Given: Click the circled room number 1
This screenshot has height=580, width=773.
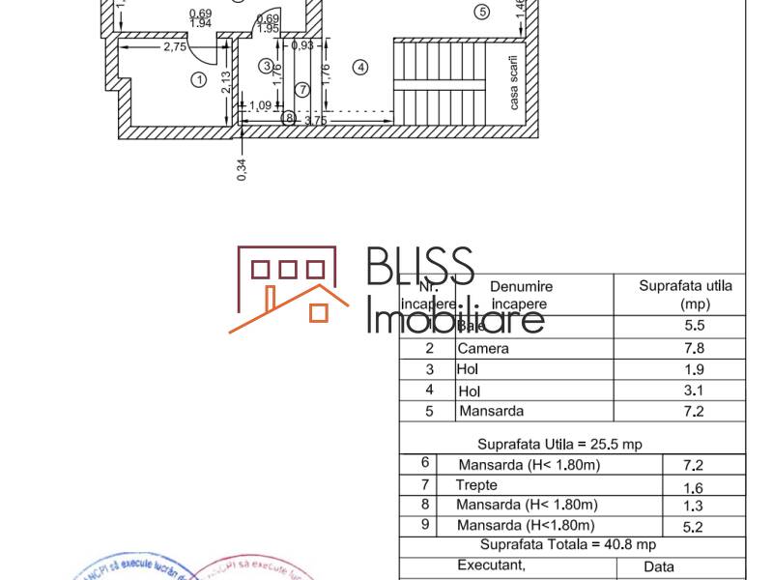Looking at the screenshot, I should click(x=199, y=80).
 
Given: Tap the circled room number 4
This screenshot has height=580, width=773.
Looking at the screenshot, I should click(x=360, y=68).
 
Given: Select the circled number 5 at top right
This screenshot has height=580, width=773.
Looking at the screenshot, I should click(x=482, y=12).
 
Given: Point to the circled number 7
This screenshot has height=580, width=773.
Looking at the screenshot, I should click(x=302, y=90).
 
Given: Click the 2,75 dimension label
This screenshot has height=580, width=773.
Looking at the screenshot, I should click(x=175, y=46).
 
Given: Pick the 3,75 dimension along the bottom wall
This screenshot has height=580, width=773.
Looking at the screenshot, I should click(x=314, y=120).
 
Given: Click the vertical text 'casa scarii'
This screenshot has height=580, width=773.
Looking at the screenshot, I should click(x=514, y=81).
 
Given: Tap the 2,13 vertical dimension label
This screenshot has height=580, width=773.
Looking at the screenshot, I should click(x=224, y=82).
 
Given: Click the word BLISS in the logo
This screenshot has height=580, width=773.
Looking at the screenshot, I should click(x=420, y=268).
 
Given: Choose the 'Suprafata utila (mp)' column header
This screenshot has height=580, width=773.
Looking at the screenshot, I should click(x=685, y=295).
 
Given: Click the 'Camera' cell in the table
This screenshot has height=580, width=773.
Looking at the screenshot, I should click(x=483, y=348).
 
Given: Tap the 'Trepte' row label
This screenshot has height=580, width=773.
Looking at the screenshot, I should click(x=476, y=484).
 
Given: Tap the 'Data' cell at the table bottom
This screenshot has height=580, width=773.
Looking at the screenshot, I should click(x=659, y=566).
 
